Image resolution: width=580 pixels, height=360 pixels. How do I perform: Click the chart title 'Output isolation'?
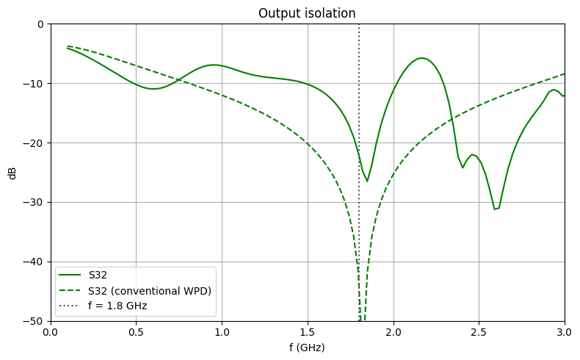[308, 14]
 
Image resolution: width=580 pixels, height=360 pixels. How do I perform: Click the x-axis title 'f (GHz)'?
[308, 347]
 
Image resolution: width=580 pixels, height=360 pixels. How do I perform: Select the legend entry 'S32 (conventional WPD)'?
[150, 291]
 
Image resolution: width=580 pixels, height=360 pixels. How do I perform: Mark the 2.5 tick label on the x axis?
[479, 331]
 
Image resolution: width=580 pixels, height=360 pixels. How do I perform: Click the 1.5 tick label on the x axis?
[308, 331]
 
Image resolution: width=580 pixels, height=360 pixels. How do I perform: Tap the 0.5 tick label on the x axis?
[137, 331]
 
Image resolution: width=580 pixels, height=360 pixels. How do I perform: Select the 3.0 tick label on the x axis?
[565, 331]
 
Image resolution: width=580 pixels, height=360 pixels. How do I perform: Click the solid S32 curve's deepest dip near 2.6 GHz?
[496, 209]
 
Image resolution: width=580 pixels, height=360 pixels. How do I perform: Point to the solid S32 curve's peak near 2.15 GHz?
[421, 58]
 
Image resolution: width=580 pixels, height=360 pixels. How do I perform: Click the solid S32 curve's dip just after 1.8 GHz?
[367, 181]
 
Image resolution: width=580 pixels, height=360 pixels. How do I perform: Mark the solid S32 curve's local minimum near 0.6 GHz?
[153, 89]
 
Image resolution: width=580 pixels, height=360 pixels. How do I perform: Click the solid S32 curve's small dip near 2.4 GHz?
[463, 168]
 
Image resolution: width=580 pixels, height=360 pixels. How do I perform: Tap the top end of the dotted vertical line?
[359, 24]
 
